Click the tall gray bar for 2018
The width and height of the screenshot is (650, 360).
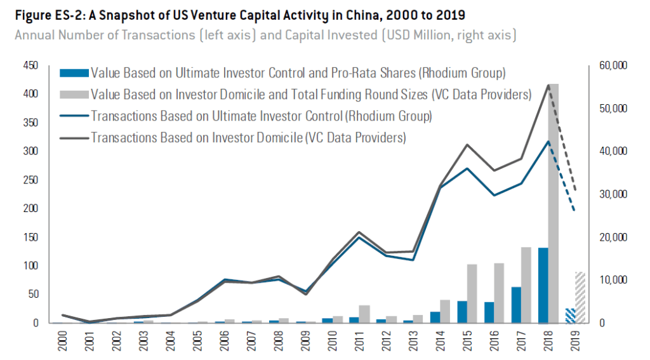554,203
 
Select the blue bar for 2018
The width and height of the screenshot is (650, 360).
543,285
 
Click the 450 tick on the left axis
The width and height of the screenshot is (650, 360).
30,65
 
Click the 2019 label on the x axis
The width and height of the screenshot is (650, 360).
576,342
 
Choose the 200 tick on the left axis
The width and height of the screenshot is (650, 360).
30,208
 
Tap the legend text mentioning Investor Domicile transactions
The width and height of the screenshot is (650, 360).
248,137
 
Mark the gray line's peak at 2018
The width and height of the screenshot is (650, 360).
548,84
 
